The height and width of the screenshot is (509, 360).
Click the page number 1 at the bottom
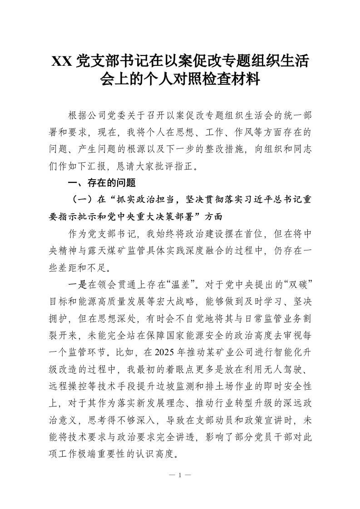(x=180, y=476)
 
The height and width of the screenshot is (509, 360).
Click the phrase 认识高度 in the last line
(x=161, y=454)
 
